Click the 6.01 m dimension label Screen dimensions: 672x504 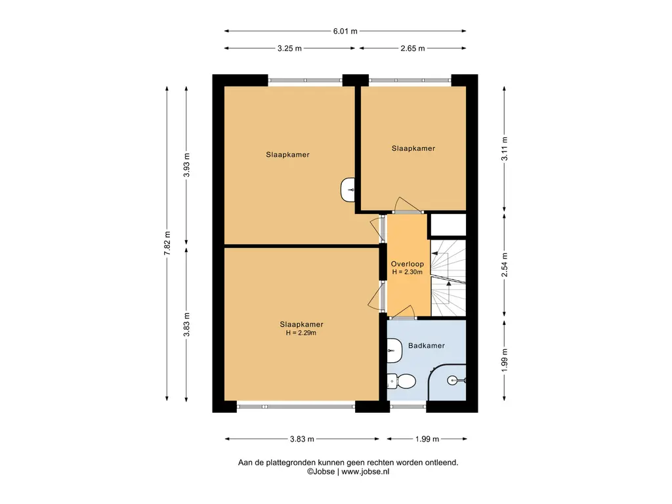pos(345,31)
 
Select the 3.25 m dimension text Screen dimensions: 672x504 pos(289,49)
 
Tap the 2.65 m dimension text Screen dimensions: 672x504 pos(413,49)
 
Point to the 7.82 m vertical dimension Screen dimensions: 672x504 pos(167,243)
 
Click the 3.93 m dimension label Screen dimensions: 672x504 pos(186,165)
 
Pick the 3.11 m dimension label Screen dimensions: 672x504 pos(505,149)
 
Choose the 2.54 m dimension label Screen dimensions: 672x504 pos(505,264)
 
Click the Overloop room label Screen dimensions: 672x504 pos(407,264)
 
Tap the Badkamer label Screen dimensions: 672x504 pos(427,345)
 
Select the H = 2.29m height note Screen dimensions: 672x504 pos(301,333)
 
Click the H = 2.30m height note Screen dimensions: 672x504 pos(407,272)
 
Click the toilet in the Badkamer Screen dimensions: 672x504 pos(402,381)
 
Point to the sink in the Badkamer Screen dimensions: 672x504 pos(394,350)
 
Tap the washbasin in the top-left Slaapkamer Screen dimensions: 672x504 pos(348,190)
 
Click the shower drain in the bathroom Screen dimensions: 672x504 pos(453,380)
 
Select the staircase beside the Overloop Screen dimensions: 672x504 pos(448,278)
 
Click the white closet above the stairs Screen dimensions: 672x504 pos(448,224)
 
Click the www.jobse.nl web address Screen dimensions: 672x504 pos(366,471)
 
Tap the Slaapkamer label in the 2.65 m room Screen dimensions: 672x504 pos(413,148)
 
